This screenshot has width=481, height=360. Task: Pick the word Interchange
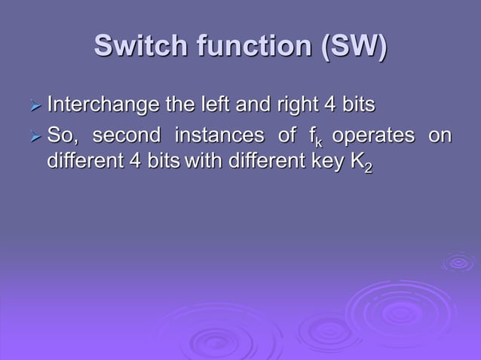(97, 103)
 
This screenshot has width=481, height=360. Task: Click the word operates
(373, 137)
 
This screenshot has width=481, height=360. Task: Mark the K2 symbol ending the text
(362, 163)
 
